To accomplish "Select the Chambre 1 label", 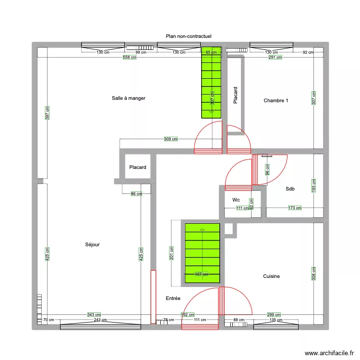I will (276, 100).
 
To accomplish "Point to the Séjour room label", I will (92, 245).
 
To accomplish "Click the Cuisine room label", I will (271, 276).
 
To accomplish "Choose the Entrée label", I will (173, 299).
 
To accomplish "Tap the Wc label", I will (236, 200).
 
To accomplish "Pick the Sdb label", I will (289, 189).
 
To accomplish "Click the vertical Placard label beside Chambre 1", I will (235, 96).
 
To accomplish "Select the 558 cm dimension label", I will (129, 57).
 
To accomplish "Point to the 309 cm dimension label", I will (171, 139).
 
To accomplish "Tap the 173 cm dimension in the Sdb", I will (295, 208).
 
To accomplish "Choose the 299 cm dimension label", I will (274, 315).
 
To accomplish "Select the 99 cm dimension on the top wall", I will (141, 52).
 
